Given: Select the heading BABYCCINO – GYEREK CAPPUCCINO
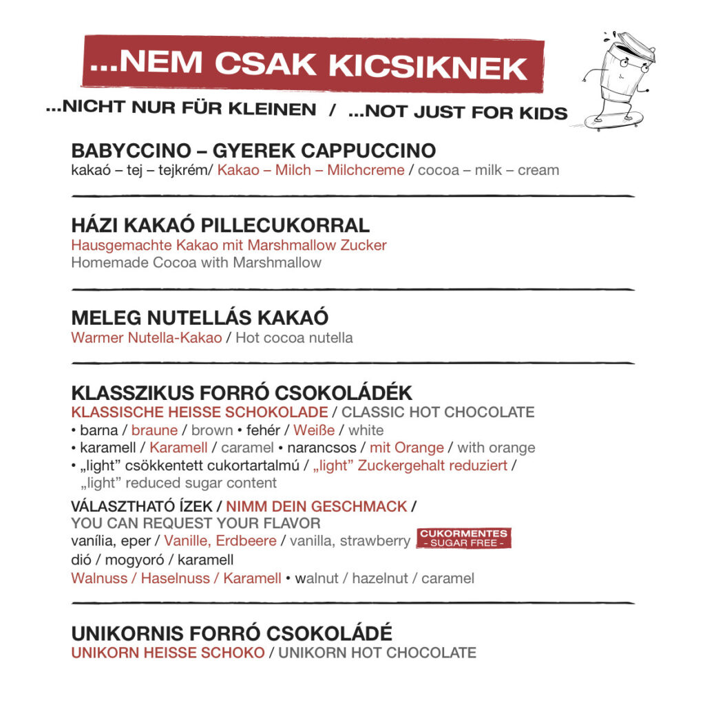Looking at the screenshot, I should [253, 151].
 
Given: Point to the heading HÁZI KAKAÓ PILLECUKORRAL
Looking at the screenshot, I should [220, 225].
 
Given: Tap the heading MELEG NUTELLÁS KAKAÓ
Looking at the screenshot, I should [200, 317].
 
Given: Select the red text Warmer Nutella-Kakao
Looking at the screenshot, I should [147, 337].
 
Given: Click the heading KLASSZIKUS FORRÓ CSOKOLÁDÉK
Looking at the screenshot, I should [242, 393].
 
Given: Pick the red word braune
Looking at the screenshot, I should [154, 430].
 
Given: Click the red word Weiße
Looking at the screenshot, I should [314, 430].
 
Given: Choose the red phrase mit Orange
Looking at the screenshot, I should [406, 448].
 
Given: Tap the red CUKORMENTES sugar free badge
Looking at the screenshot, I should [464, 538].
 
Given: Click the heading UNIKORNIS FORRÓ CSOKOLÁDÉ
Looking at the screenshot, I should [231, 633].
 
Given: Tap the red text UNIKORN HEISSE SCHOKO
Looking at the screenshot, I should [167, 653].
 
